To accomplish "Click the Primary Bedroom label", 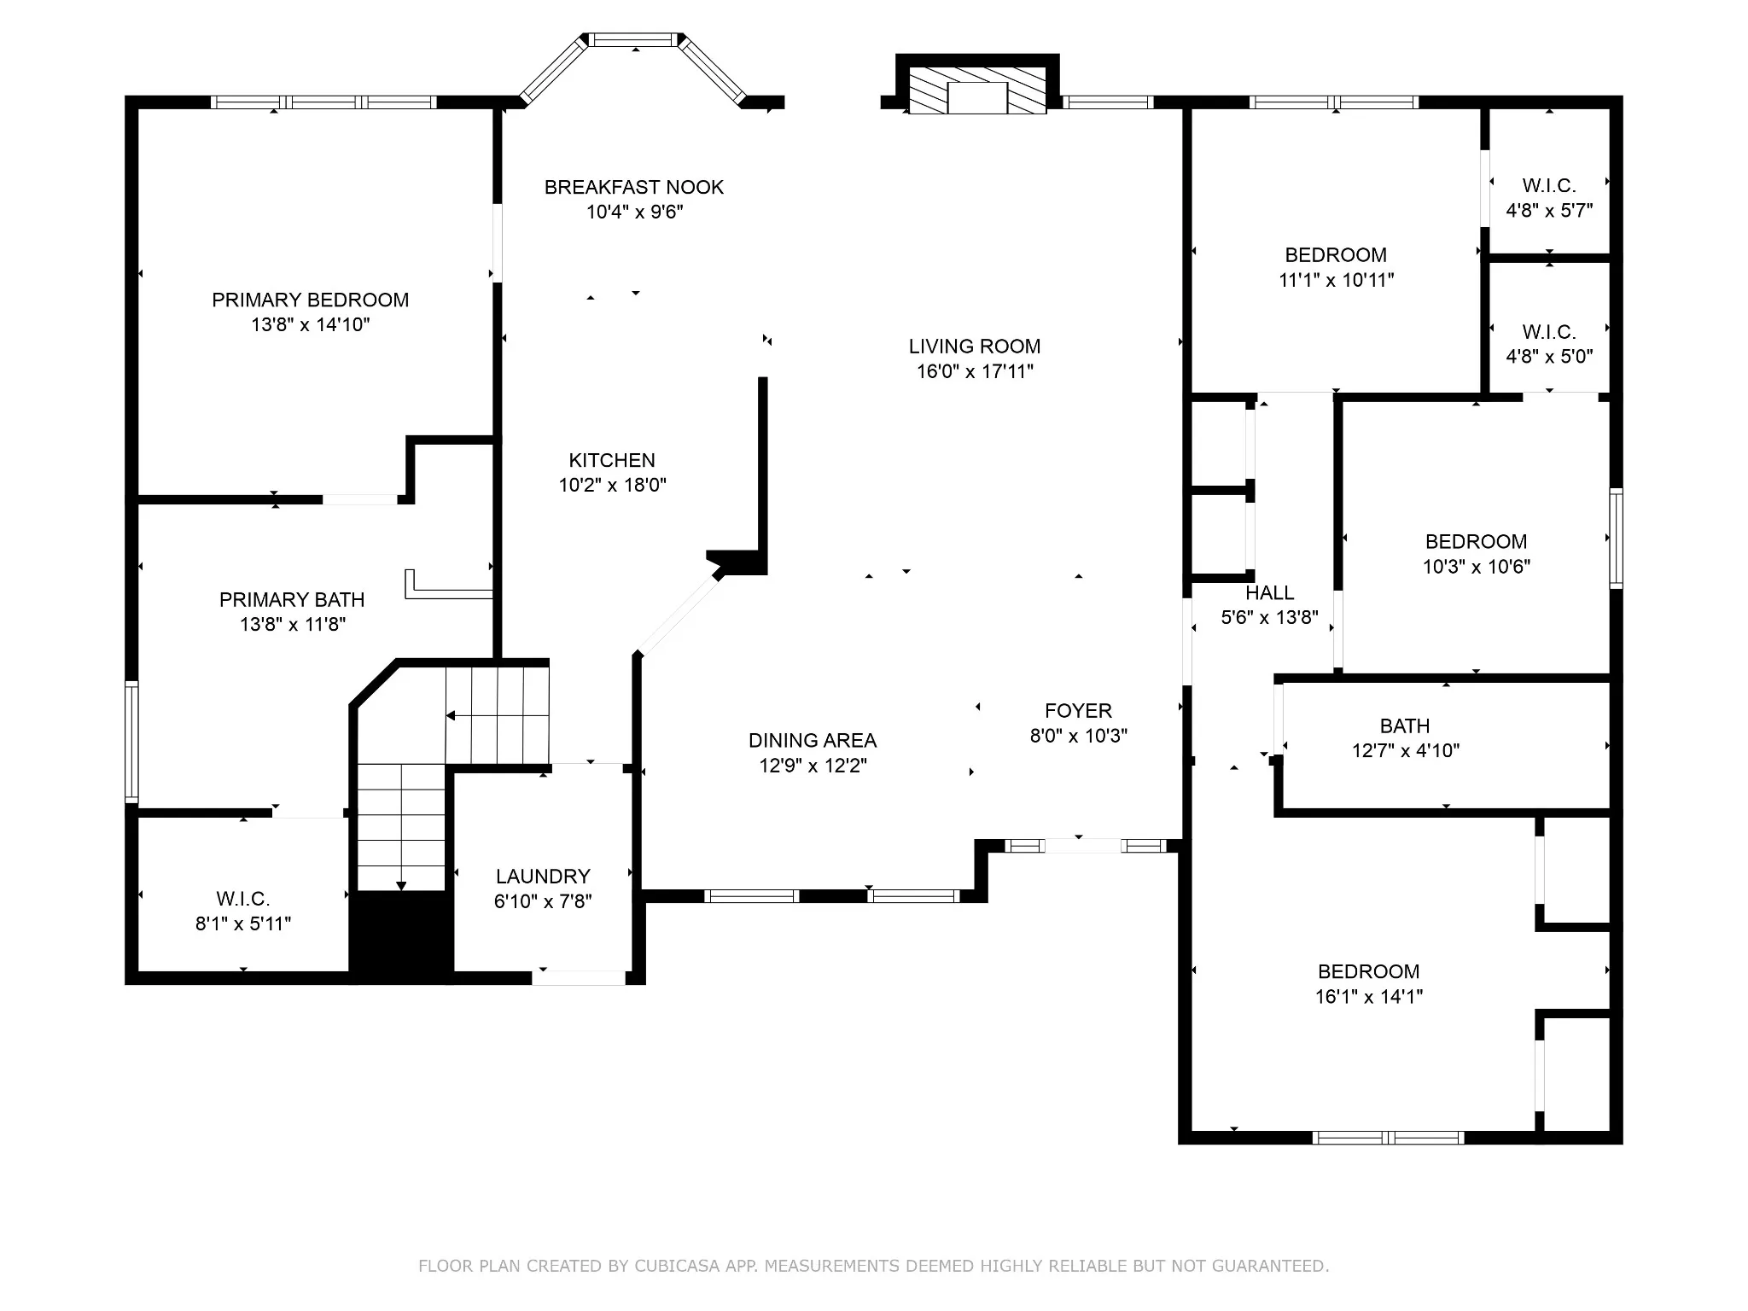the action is click(311, 300).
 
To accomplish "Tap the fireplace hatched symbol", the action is click(977, 90).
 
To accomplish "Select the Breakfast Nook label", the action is click(634, 187).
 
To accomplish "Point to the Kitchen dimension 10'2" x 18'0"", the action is click(613, 485).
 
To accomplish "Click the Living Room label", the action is click(975, 347).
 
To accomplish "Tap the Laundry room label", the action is click(543, 877).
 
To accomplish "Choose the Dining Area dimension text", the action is click(813, 766).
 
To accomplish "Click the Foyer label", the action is click(1079, 711).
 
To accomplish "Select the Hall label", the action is click(1270, 592).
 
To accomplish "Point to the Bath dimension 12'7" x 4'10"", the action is click(1406, 751).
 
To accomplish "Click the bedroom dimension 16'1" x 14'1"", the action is click(1369, 996).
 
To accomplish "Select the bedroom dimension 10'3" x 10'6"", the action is click(1477, 566).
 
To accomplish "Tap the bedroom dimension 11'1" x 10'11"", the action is click(1337, 279).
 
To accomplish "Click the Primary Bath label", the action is click(292, 600).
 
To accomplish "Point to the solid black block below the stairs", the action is click(401, 936).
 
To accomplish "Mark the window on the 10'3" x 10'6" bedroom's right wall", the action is click(1617, 538).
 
